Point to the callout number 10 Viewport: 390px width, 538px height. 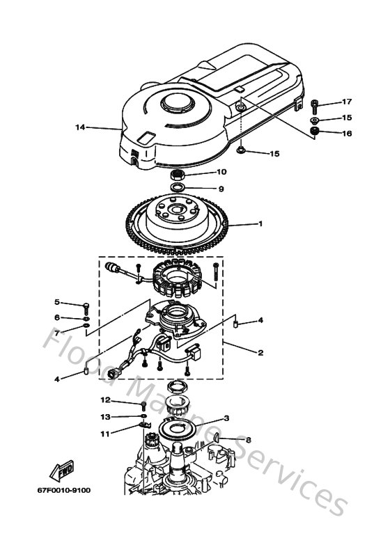point(221,172)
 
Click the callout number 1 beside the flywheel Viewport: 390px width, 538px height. point(260,224)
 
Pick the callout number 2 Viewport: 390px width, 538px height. point(260,353)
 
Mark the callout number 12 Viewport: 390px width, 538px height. point(105,400)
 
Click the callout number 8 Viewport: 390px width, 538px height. point(248,439)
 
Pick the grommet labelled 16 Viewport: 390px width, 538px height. point(314,132)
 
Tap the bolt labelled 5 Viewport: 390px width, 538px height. point(85,305)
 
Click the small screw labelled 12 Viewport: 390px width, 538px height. point(143,404)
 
